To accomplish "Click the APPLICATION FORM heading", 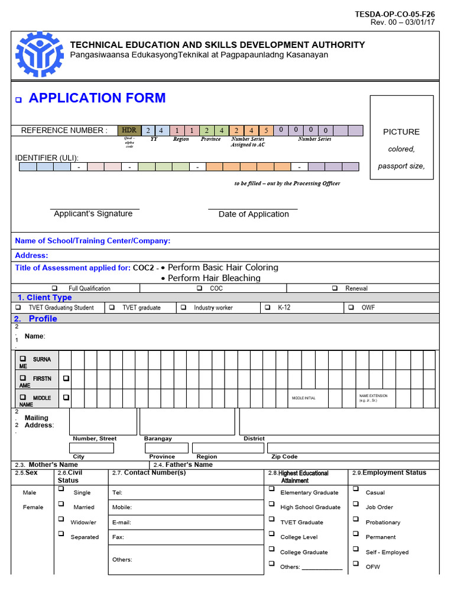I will [x=97, y=98].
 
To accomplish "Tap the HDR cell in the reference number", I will [x=128, y=130].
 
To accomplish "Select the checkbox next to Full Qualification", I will [x=54, y=288].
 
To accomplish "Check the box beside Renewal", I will [x=335, y=288].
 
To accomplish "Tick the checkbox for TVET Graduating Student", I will [x=18, y=308].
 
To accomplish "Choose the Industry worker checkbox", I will [x=183, y=308].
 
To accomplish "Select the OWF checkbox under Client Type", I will [x=351, y=308].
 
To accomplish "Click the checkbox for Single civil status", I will [x=61, y=489].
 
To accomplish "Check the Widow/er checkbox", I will [x=61, y=519].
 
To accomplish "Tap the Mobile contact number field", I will [x=186, y=507].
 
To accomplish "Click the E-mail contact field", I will [x=186, y=523].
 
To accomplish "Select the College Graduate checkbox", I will [x=271, y=549].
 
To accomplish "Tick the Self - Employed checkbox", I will [x=355, y=549].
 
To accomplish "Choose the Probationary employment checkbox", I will [x=355, y=519].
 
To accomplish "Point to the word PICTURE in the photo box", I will [x=401, y=132].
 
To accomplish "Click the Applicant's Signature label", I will [x=93, y=214].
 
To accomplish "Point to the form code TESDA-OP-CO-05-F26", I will [x=395, y=14].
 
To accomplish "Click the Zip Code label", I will [x=284, y=457].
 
